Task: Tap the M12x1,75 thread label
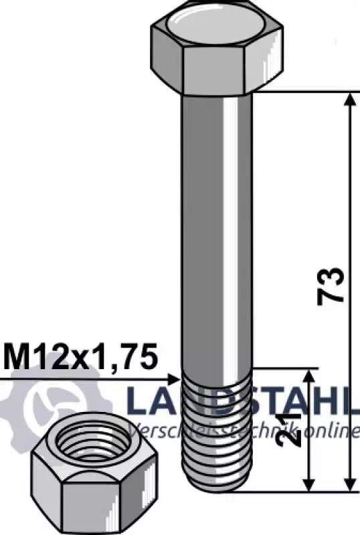(x=81, y=357)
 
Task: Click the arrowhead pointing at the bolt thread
(x=174, y=379)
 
